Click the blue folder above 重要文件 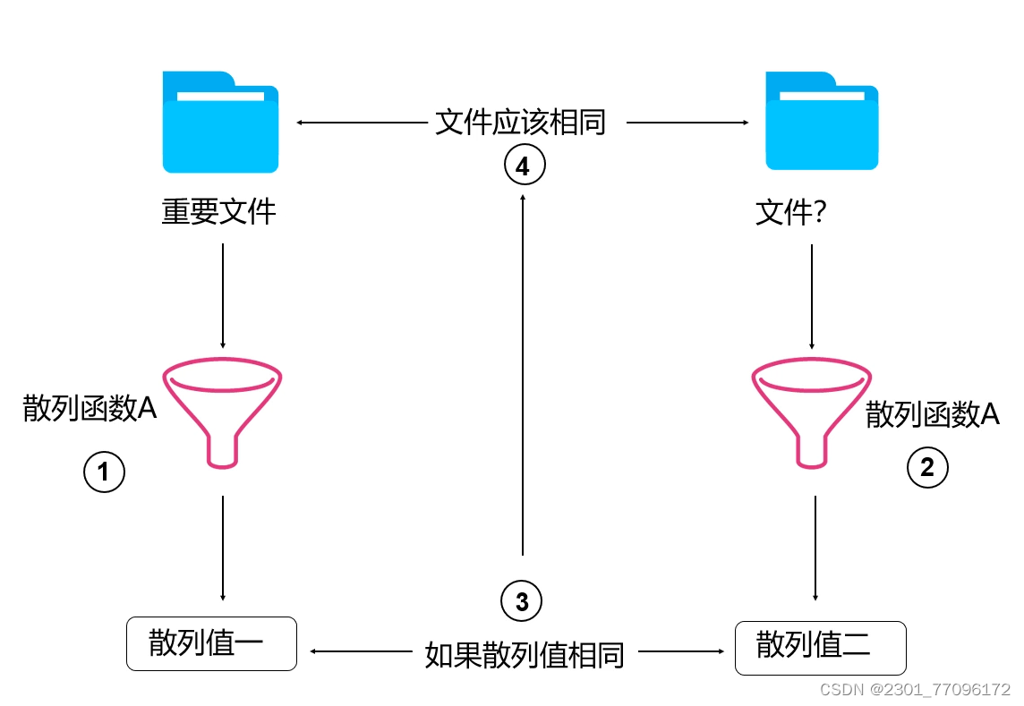220,123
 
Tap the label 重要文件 219,212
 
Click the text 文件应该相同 521,122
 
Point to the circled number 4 524,166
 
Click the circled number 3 522,601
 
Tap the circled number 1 104,472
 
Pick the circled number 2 927,467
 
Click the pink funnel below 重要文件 224,412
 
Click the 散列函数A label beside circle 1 90,409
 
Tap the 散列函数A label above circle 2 932,414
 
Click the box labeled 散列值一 211,643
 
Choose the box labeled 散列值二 820,648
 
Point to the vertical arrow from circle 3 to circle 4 523,376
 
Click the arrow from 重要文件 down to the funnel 222,295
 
